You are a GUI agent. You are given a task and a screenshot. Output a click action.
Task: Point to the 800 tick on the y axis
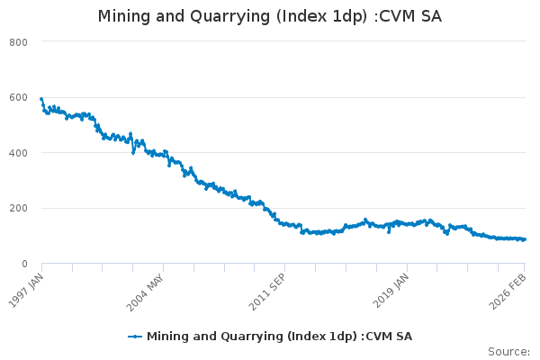tap(19, 42)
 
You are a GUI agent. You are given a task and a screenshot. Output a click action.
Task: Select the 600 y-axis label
tap(19, 98)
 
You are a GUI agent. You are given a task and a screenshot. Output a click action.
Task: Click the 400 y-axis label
tap(19, 153)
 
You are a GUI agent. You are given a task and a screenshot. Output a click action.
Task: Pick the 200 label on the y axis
tap(19, 209)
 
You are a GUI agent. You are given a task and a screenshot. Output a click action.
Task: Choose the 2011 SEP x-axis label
tap(271, 289)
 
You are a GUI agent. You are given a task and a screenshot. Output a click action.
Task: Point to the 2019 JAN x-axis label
tap(393, 289)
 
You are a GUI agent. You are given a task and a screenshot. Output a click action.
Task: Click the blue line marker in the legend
tap(135, 337)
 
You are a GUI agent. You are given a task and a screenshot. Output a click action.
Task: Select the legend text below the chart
tap(279, 337)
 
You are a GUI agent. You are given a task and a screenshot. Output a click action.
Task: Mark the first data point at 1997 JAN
tap(41, 99)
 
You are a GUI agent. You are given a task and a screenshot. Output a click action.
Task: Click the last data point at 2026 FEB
tap(525, 239)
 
